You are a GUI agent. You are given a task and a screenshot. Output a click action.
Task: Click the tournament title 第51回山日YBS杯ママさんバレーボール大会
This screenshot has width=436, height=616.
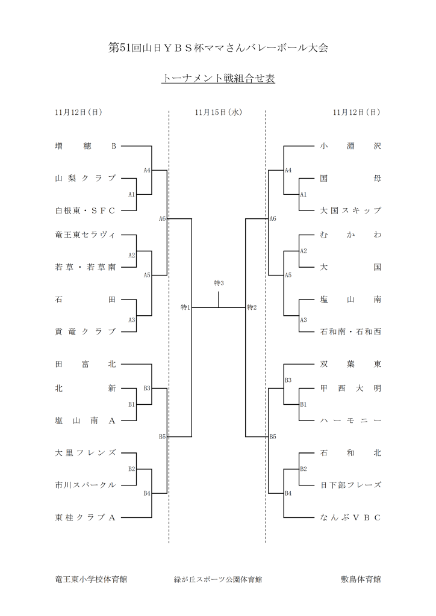[218, 48]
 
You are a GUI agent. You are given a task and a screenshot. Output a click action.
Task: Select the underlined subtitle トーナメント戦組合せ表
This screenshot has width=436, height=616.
[218, 79]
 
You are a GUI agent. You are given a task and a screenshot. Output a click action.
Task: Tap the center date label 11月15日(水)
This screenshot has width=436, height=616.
[218, 112]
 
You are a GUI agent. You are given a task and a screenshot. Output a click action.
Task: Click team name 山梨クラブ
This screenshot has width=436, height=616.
[85, 179]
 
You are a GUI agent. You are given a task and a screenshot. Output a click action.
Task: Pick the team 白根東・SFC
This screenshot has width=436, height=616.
[85, 211]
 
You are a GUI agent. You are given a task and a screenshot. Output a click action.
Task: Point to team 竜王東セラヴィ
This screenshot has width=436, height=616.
[85, 235]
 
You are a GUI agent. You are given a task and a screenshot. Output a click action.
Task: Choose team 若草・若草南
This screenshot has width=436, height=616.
[85, 267]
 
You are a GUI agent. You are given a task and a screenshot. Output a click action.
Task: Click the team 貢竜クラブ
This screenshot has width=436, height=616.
[85, 331]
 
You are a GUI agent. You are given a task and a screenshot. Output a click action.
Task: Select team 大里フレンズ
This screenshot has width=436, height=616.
[85, 453]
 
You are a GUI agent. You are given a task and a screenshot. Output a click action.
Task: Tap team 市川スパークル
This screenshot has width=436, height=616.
[85, 485]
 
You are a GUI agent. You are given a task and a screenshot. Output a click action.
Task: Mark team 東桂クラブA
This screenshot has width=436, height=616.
[85, 517]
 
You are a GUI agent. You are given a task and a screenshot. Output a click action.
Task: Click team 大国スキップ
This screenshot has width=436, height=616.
[350, 211]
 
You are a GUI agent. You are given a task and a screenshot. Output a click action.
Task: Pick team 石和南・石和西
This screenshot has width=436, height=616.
[350, 331]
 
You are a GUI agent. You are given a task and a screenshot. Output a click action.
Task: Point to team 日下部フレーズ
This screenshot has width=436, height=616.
[350, 485]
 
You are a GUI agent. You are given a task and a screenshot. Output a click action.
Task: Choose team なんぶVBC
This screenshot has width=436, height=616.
[350, 517]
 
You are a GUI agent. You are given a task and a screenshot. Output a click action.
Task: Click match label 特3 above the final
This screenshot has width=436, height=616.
[219, 283]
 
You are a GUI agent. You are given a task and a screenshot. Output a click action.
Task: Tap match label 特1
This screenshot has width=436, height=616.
[185, 308]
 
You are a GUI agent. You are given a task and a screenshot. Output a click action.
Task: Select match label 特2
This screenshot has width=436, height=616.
[252, 308]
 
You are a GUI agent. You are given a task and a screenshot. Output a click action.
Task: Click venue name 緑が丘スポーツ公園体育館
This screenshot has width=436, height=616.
[218, 580]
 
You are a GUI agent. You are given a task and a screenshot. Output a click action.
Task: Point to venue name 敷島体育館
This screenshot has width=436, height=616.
[361, 580]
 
